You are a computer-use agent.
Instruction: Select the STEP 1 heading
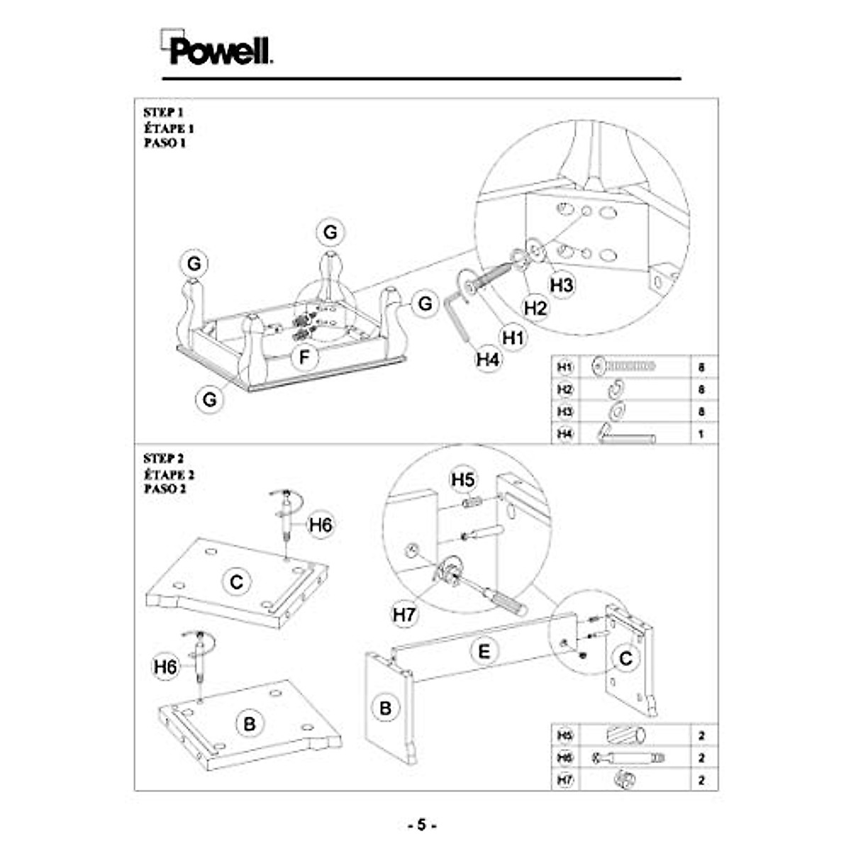click(163, 113)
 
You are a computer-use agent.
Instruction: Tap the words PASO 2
click(165, 489)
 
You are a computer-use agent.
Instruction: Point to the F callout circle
click(305, 357)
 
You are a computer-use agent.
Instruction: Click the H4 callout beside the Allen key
click(488, 360)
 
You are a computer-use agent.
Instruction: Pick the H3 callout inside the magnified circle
click(562, 285)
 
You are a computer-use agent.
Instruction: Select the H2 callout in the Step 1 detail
click(536, 308)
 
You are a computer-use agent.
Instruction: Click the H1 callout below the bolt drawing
click(513, 338)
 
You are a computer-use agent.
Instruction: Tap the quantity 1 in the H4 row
click(701, 433)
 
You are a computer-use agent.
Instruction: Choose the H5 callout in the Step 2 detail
click(463, 480)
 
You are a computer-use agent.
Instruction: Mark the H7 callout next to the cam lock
click(404, 614)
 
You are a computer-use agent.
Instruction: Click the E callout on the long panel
click(484, 651)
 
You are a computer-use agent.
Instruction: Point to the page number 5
click(422, 825)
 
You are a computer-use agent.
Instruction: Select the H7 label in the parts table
click(564, 779)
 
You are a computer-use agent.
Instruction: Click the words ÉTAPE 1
click(168, 128)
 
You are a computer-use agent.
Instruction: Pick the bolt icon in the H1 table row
click(624, 367)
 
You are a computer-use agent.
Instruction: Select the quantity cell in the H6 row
click(701, 757)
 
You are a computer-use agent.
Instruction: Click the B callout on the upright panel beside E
click(386, 708)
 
